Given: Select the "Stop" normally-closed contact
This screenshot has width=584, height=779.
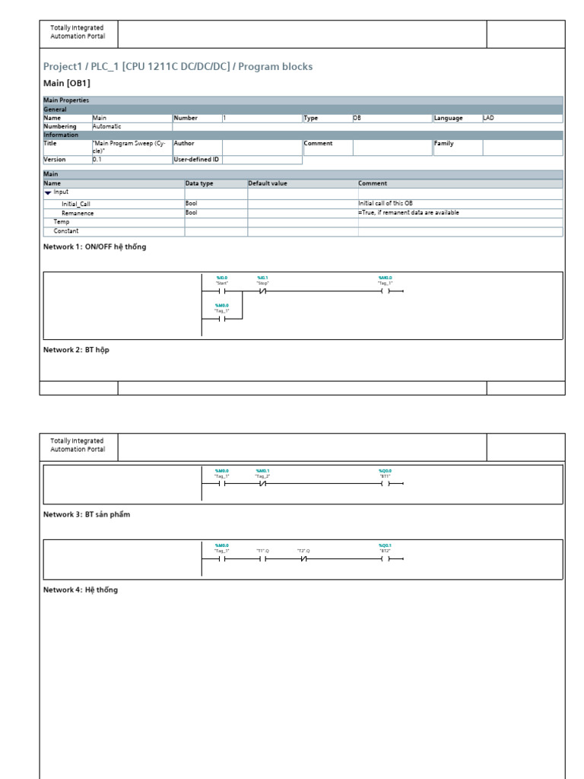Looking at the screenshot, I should click(263, 291).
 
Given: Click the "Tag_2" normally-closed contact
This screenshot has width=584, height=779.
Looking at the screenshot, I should click(263, 484).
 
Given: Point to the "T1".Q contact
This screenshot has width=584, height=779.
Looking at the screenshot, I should click(263, 558).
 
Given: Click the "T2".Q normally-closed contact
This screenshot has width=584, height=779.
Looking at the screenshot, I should click(303, 558).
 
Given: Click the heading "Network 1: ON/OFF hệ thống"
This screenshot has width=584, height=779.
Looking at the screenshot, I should click(94, 247).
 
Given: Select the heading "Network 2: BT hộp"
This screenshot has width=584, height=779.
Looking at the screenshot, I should click(76, 350).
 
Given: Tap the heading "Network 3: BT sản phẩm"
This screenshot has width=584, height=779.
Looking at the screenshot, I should click(87, 515).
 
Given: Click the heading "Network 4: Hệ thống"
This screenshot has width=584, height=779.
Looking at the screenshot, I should click(81, 590).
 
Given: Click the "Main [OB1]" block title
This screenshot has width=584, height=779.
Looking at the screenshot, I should click(67, 83).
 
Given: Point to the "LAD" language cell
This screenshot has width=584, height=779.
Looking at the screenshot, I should click(488, 118).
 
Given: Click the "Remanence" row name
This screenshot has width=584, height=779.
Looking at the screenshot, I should click(78, 214).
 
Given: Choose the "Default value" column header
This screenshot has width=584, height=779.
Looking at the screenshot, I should click(268, 183).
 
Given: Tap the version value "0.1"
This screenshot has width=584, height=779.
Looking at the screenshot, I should click(97, 160).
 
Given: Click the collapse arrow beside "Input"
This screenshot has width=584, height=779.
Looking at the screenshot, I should click(48, 192).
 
